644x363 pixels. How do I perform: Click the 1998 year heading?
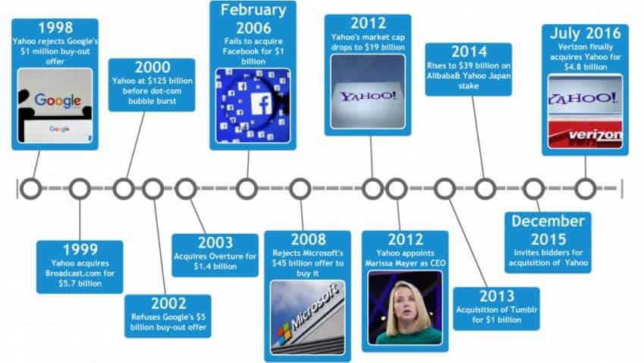tap(55, 27)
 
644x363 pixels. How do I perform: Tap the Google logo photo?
tap(55, 106)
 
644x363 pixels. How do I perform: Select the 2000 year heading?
tap(152, 67)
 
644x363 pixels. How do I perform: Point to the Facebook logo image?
tap(253, 106)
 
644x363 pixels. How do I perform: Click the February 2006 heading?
tap(253, 19)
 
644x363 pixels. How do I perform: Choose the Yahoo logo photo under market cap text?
tap(368, 91)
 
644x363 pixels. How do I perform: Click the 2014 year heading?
tap(469, 52)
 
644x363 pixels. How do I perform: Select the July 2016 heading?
tap(586, 33)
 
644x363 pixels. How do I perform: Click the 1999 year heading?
tap(80, 250)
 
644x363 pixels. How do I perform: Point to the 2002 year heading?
tap(168, 304)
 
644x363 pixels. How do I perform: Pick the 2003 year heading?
tap(215, 242)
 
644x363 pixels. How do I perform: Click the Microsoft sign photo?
tap(308, 317)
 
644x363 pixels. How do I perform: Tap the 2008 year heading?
tap(308, 239)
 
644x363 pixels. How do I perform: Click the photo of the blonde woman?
tap(405, 308)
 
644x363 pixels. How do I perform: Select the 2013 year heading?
tap(497, 296)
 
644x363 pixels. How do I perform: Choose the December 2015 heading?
tap(548, 230)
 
